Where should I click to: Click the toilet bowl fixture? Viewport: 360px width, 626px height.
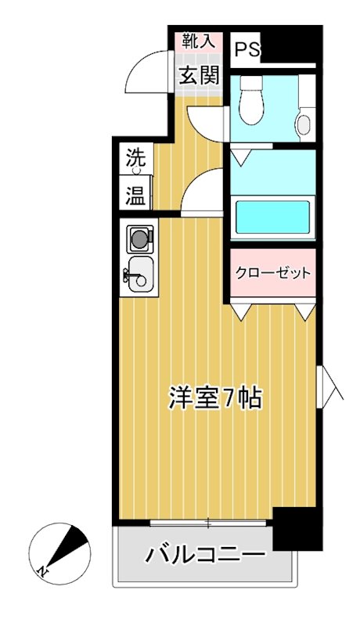pyautogui.click(x=252, y=104)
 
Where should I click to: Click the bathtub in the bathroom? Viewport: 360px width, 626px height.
pyautogui.click(x=272, y=215)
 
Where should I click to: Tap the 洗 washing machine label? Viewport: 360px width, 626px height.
pyautogui.click(x=137, y=157)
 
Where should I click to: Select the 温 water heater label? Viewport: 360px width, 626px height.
pyautogui.click(x=137, y=195)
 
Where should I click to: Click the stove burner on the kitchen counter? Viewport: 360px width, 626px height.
pyautogui.click(x=139, y=237)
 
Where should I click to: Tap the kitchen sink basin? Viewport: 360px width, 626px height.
pyautogui.click(x=141, y=273)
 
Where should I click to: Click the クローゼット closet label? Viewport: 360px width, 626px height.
pyautogui.click(x=273, y=274)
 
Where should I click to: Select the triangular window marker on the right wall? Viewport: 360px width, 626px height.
pyautogui.click(x=329, y=384)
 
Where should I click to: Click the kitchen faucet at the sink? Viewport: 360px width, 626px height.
pyautogui.click(x=128, y=274)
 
